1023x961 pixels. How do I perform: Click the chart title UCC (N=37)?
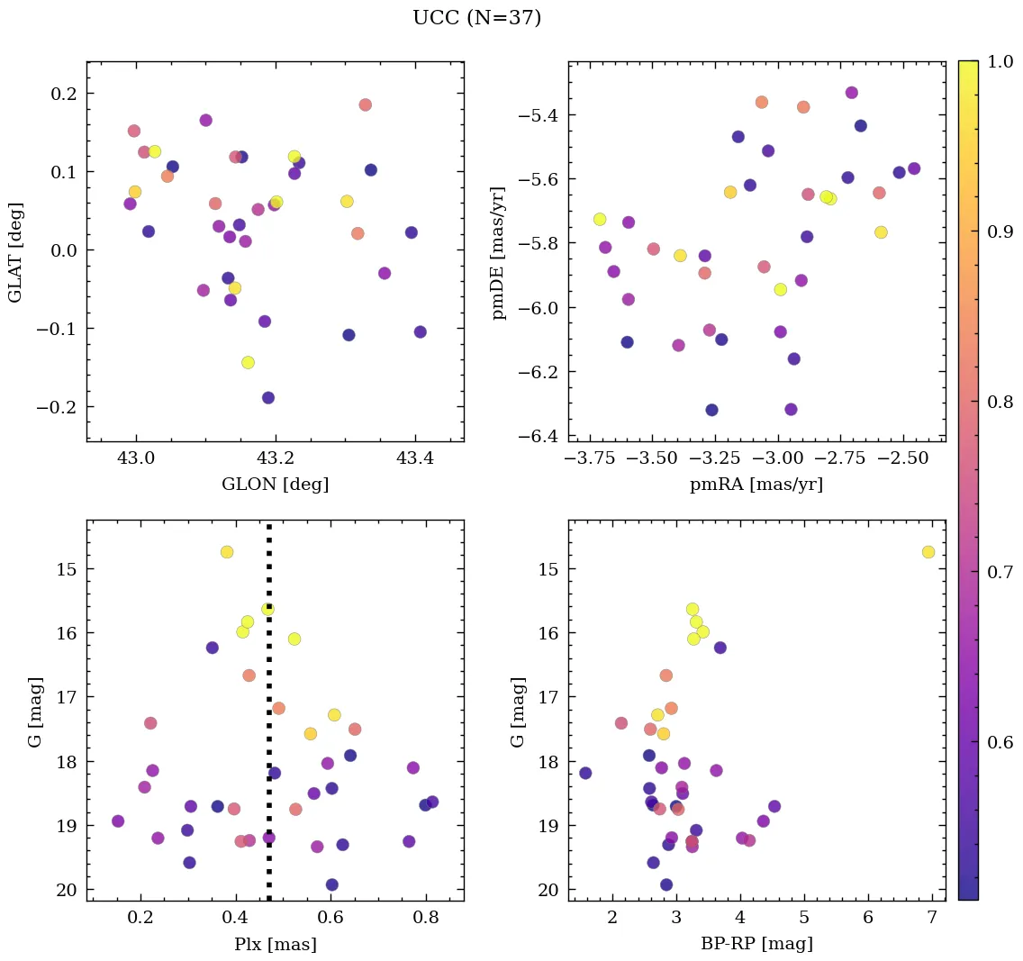click(x=476, y=18)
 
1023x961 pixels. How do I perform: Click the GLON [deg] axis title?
click(x=275, y=485)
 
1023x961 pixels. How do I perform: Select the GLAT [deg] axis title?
click(x=15, y=251)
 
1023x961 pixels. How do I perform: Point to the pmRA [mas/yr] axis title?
click(x=756, y=485)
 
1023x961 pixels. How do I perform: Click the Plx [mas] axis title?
click(x=275, y=945)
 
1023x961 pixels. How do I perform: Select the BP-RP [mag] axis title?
click(x=756, y=944)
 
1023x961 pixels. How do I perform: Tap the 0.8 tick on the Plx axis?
click(x=426, y=919)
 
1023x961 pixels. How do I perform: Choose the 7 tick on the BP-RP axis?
click(x=931, y=919)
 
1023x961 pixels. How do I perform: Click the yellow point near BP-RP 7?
click(x=928, y=552)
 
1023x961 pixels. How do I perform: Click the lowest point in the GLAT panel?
click(x=268, y=398)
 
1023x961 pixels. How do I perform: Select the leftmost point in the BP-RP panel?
click(x=585, y=773)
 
